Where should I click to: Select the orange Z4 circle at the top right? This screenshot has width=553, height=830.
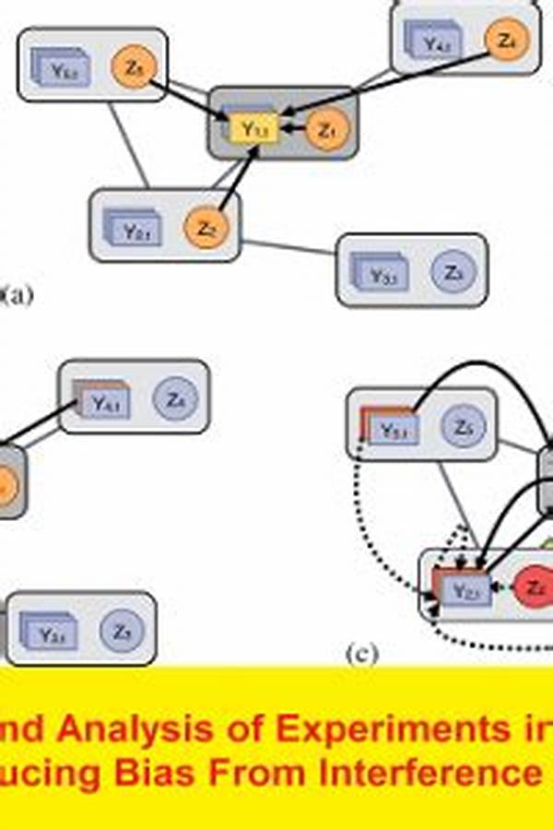(505, 41)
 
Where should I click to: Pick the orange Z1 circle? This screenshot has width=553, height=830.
(324, 131)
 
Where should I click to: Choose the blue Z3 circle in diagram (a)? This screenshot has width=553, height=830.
(451, 273)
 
